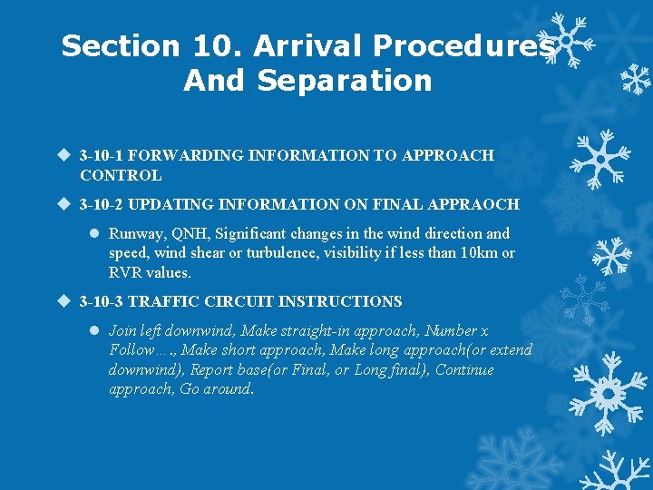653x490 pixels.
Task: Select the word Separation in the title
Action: (x=345, y=80)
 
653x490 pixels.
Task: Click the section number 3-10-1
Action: (x=102, y=155)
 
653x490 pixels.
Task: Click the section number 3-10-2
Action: (x=102, y=204)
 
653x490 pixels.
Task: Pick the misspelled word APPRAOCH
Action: (x=476, y=204)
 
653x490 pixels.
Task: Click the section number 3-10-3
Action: (x=102, y=301)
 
